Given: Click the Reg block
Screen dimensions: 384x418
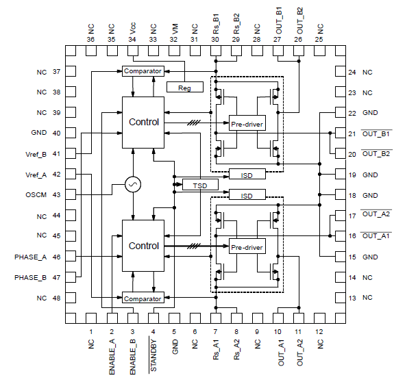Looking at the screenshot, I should pyautogui.click(x=185, y=87).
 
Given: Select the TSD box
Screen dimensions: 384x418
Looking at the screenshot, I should pyautogui.click(x=200, y=185).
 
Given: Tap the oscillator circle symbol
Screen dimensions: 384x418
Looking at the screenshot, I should pyautogui.click(x=133, y=184).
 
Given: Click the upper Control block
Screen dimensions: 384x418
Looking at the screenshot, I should pyautogui.click(x=143, y=122).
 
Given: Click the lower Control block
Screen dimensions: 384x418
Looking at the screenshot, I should pyautogui.click(x=143, y=245).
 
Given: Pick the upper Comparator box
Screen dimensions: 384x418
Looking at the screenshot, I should pyautogui.click(x=143, y=71).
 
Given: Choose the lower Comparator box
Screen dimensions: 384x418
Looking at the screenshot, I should pyautogui.click(x=143, y=298).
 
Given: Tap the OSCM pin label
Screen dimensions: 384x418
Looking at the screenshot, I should pyautogui.click(x=35, y=195).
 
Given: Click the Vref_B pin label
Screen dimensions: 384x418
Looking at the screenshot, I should pyautogui.click(x=35, y=154).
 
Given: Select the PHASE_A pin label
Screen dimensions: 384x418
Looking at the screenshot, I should pyautogui.click(x=31, y=257).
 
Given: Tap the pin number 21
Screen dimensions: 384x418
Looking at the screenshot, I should pyautogui.click(x=352, y=133).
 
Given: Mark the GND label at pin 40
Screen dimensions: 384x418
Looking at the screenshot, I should pyautogui.click(x=38, y=133).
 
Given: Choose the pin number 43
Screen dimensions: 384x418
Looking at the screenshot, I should pyautogui.click(x=57, y=195).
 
